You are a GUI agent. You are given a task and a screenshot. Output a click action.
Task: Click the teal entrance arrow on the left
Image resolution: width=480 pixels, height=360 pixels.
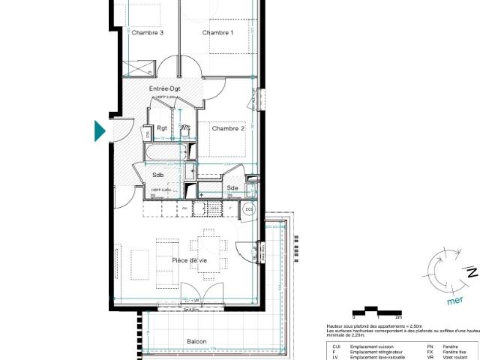[x=99, y=130]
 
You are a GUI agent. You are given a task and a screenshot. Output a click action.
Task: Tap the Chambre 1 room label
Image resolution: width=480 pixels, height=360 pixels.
[x=217, y=32]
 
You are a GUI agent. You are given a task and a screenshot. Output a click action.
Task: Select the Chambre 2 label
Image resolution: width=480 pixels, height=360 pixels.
[x=228, y=128]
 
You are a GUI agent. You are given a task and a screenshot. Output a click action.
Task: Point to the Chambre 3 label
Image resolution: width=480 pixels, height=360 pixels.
[x=148, y=32]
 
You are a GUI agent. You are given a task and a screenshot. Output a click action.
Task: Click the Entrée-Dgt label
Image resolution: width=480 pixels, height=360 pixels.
[x=164, y=88]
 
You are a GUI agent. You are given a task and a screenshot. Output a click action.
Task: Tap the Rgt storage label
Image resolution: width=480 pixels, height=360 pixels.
[x=162, y=127]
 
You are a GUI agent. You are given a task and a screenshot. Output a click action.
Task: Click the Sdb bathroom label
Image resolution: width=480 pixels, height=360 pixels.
[x=158, y=175]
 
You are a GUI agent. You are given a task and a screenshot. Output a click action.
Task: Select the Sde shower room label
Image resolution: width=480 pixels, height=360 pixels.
[x=232, y=187]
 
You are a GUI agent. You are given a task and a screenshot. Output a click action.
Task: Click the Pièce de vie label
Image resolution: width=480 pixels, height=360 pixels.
[x=190, y=259]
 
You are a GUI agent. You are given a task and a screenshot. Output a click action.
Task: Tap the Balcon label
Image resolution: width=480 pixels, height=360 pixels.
[x=196, y=341]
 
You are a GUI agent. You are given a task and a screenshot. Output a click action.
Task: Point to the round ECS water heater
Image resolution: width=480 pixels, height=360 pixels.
[x=249, y=210]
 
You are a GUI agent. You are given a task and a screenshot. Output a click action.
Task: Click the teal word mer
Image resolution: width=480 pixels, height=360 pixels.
[x=454, y=301]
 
